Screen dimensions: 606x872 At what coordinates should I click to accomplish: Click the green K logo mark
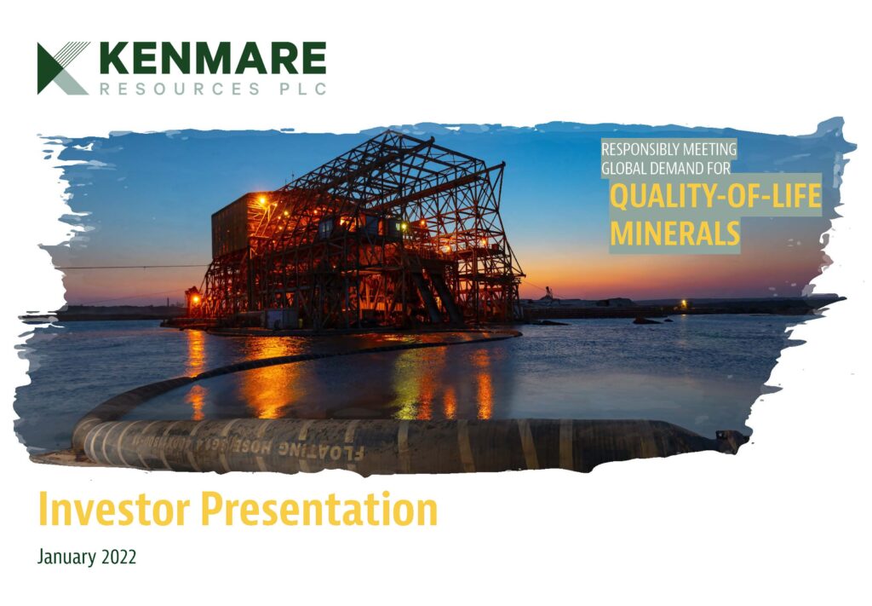coord(62,67)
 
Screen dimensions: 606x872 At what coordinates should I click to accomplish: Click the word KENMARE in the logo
coord(212,59)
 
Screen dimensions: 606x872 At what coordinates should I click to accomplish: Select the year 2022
coord(120,558)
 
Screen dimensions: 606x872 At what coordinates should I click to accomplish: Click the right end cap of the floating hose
coord(731,441)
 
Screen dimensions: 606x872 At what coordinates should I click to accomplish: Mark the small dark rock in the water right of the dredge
coord(645,320)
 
